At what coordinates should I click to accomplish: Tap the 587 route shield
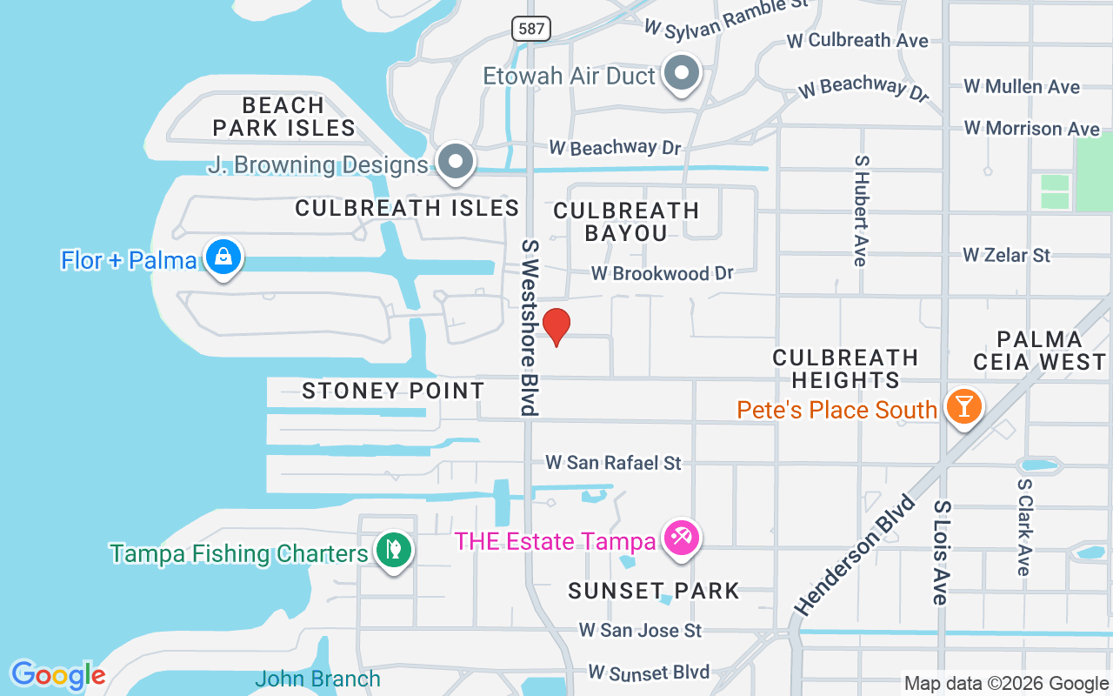(x=530, y=29)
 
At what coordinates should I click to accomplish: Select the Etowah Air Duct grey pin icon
(x=682, y=73)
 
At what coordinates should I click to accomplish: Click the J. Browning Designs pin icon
(x=454, y=162)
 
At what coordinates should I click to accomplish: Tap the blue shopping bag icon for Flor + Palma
(x=223, y=257)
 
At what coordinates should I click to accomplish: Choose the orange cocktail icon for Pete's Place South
(x=963, y=406)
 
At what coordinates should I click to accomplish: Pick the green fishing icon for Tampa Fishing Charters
(x=393, y=550)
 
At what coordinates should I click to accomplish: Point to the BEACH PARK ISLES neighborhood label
(x=283, y=117)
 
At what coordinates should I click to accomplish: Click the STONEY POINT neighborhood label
(x=393, y=391)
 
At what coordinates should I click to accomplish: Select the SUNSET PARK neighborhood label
(x=654, y=591)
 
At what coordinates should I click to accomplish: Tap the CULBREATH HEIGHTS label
(x=845, y=369)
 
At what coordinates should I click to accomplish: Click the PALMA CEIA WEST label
(x=1039, y=351)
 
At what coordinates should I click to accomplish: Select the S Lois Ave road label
(x=941, y=552)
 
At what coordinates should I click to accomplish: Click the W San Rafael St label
(x=613, y=463)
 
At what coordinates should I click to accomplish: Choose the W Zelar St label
(x=1006, y=255)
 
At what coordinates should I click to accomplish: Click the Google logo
(x=58, y=675)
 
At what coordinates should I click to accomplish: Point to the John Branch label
(x=318, y=679)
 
